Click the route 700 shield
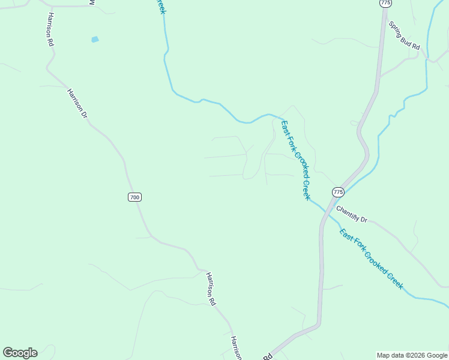(x=134, y=197)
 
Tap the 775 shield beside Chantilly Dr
(x=338, y=192)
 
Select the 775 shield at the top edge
(x=385, y=3)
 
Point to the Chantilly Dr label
(x=351, y=212)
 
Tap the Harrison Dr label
(x=77, y=103)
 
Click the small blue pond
(x=94, y=40)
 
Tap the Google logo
(x=20, y=353)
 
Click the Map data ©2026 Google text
(x=412, y=355)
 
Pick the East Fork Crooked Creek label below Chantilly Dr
(x=372, y=259)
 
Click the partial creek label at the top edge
(x=160, y=7)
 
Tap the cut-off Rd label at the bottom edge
(x=267, y=356)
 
